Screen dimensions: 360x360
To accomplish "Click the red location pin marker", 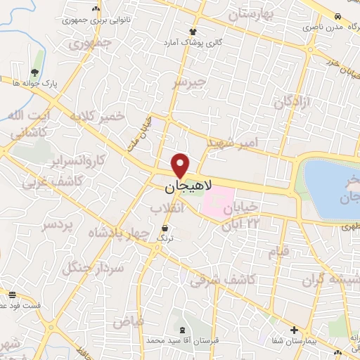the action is point(181,165).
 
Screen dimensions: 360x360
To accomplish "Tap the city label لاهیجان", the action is point(181,188).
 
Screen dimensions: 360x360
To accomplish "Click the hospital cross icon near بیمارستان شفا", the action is point(294,330).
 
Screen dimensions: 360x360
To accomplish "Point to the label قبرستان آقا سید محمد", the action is point(183,340).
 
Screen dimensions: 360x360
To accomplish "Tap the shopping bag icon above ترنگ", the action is point(165,228).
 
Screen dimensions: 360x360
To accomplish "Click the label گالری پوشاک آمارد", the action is point(193,42).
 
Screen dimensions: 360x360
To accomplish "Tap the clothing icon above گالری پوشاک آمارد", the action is point(193,32).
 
